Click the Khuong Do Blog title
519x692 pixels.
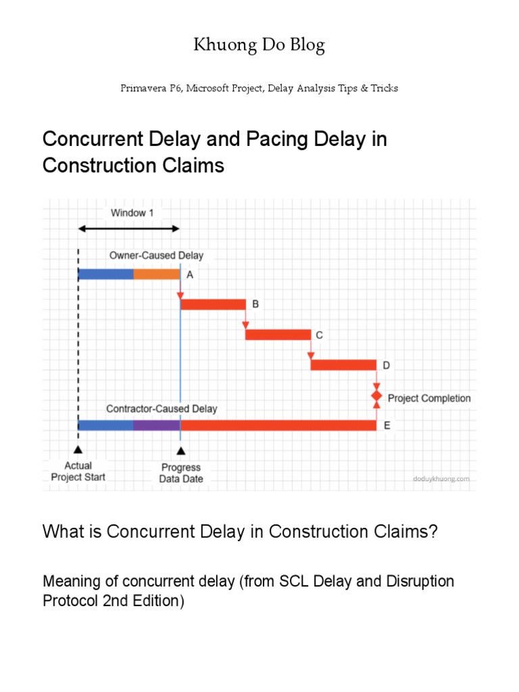259,46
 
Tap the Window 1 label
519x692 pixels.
133,213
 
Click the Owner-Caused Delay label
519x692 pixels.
156,255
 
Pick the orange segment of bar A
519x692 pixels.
157,274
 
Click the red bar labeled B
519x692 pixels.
213,305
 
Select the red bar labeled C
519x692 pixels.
278,335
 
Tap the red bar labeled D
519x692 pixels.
343,365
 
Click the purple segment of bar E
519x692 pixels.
157,425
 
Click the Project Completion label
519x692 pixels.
429,398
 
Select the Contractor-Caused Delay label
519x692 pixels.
162,409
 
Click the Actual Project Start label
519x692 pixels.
78,471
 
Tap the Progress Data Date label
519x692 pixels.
181,473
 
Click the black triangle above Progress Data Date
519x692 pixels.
180,450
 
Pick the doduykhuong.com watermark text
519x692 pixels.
441,478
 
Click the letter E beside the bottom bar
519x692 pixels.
387,426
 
